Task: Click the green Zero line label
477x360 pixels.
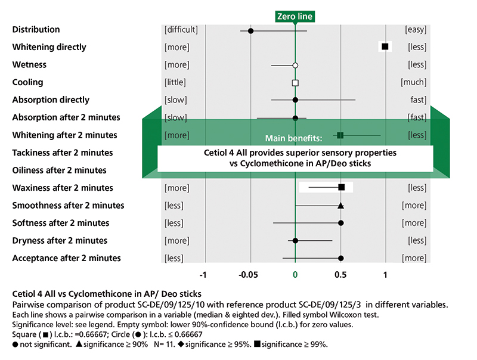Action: pos(295,17)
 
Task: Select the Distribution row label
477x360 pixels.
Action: pos(36,30)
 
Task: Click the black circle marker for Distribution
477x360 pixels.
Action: pos(250,30)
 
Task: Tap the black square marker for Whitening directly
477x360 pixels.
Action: pos(385,46)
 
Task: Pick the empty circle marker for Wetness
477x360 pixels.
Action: pos(295,65)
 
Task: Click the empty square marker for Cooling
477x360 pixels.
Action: pos(295,82)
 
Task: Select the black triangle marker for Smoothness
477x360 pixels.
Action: pos(340,206)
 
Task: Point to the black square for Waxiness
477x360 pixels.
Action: pos(341,188)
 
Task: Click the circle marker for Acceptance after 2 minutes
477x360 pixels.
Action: pos(340,258)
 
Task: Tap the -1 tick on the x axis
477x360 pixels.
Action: pos(203,275)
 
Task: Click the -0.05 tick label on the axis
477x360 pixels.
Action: pos(248,275)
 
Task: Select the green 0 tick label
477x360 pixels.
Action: pos(295,275)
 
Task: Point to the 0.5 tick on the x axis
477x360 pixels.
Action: pos(340,275)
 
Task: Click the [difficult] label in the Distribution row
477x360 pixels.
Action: pos(181,30)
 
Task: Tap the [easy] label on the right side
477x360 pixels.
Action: pos(416,30)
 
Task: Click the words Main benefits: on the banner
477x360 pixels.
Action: pos(294,138)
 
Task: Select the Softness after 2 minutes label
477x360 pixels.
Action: pos(61,223)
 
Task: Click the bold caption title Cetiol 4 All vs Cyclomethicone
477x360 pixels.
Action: pos(107,294)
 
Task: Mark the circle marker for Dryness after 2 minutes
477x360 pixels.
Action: pos(295,241)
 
